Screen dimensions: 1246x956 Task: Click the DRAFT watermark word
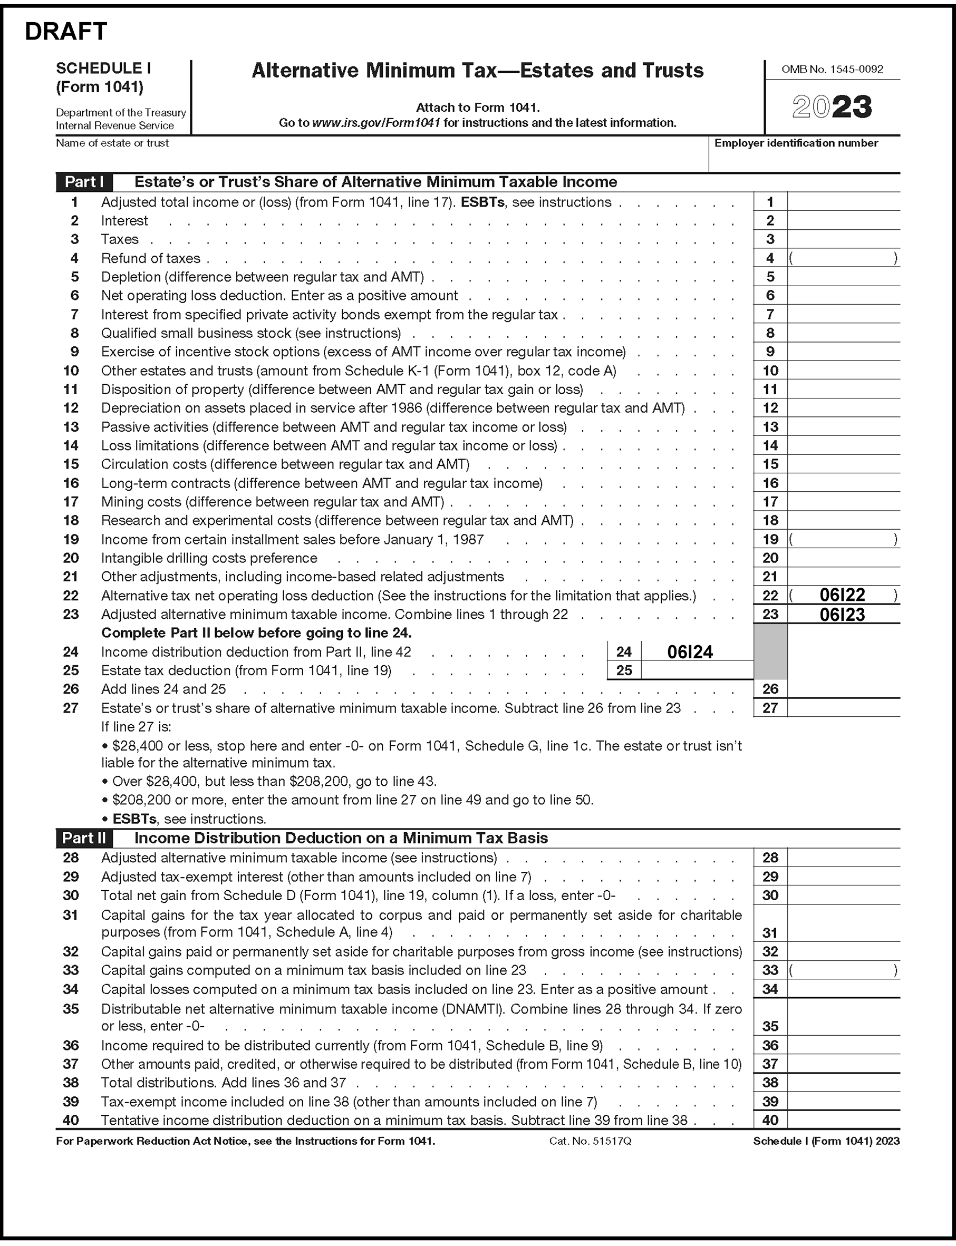65,32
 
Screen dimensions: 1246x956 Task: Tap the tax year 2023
832,107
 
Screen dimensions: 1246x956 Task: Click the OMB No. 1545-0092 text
832,70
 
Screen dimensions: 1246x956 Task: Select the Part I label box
84,182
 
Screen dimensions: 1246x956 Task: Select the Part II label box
84,838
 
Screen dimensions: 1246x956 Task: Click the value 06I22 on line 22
842,595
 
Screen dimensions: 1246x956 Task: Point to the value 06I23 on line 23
842,614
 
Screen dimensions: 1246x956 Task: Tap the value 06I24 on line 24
690,651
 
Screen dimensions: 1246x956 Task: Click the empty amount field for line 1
843,202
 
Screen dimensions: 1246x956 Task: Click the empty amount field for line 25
697,670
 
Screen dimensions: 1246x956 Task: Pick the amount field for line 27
843,708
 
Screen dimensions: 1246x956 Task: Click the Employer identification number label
796,143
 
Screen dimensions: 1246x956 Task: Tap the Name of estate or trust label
112,143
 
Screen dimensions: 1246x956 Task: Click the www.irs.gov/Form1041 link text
376,123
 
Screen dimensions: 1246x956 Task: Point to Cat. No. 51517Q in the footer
590,1141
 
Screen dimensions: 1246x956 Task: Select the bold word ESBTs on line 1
482,202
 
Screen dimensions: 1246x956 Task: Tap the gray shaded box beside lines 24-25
770,651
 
